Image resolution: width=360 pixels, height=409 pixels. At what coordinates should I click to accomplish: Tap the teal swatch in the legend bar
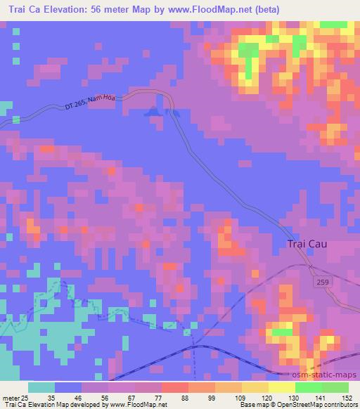tap(41, 387)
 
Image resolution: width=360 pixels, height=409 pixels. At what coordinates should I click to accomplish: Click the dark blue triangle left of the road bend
tap(150, 110)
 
